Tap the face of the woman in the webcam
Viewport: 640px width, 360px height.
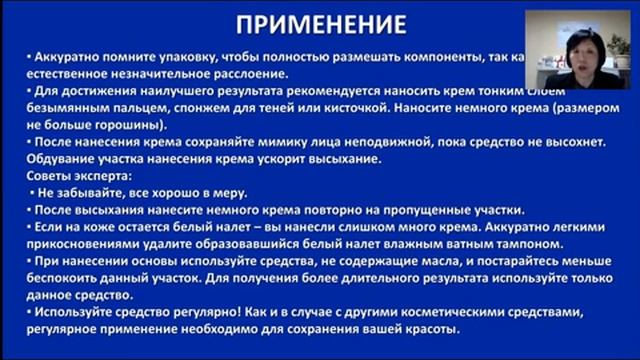(x=583, y=49)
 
